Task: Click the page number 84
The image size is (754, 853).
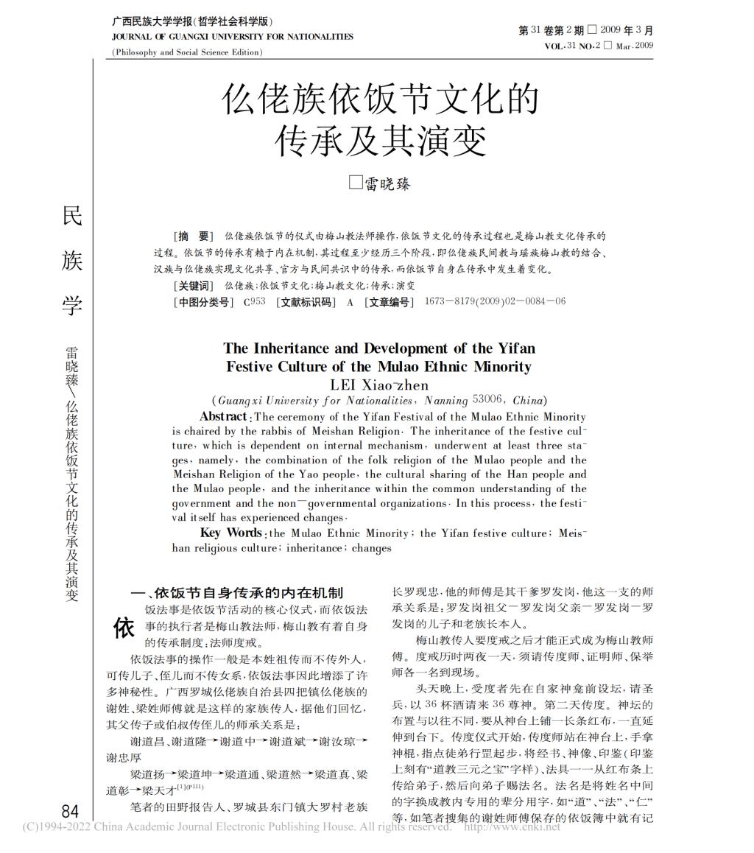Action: click(x=70, y=812)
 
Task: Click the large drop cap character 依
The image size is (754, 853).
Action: click(x=124, y=628)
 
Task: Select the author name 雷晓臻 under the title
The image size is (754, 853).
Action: click(x=387, y=183)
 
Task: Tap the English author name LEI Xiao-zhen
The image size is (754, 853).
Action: click(x=379, y=385)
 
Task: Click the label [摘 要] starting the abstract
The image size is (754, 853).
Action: click(x=193, y=236)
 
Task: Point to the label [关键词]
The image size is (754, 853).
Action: click(x=193, y=286)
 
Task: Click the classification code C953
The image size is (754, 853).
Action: click(x=253, y=302)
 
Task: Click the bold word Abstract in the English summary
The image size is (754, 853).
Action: click(x=224, y=417)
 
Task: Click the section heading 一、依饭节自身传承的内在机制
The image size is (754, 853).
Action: click(x=236, y=592)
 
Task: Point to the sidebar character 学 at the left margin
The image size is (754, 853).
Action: click(x=72, y=304)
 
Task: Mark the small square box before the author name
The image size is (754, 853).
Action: click(x=356, y=182)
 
